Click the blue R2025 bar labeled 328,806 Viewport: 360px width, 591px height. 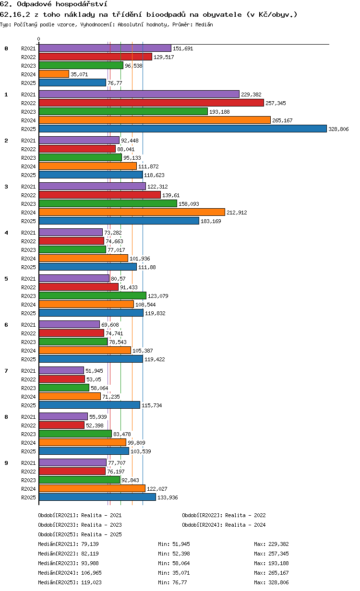click(x=182, y=129)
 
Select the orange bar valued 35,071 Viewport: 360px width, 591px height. click(x=54, y=74)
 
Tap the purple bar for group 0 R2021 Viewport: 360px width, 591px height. click(x=105, y=48)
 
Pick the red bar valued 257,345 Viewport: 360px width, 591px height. click(x=151, y=103)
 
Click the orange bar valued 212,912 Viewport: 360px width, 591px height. click(x=132, y=212)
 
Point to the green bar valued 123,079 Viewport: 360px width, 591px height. click(x=92, y=295)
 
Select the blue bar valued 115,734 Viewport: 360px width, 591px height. click(x=89, y=405)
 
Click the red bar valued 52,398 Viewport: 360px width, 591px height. click(x=62, y=425)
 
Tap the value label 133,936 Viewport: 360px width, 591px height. click(x=168, y=497)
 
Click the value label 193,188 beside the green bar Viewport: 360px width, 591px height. click(x=219, y=112)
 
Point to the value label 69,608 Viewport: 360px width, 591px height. click(x=110, y=325)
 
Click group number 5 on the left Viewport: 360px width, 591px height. click(x=6, y=279)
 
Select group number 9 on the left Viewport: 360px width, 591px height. click(x=6, y=463)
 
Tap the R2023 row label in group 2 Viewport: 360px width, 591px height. click(x=28, y=158)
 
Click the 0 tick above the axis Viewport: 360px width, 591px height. click(x=38, y=39)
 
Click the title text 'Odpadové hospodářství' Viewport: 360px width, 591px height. click(x=62, y=4)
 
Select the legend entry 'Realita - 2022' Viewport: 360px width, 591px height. click(x=245, y=515)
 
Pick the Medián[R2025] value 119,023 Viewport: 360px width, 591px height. click(x=91, y=582)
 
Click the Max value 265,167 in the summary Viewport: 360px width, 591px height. click(x=278, y=573)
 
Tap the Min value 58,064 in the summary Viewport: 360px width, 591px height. click(x=181, y=563)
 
